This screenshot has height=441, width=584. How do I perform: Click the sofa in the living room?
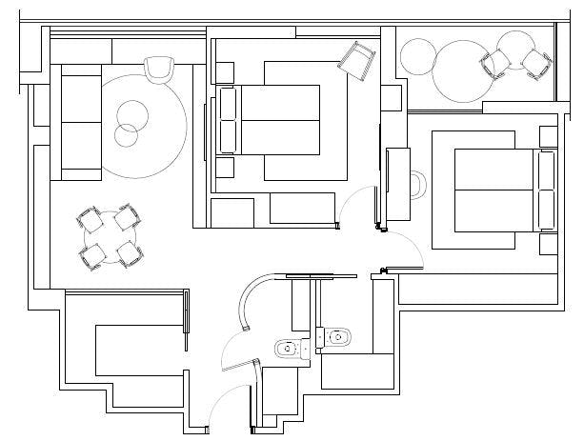81,121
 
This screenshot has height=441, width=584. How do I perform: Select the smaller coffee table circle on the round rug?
125,134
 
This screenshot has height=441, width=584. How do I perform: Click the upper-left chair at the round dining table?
92,220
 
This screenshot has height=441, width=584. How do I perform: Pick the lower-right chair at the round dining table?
129,253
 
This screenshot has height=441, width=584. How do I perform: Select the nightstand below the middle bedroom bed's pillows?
225,168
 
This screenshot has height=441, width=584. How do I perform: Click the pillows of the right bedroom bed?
547,190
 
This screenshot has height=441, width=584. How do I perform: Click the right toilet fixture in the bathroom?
336,336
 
